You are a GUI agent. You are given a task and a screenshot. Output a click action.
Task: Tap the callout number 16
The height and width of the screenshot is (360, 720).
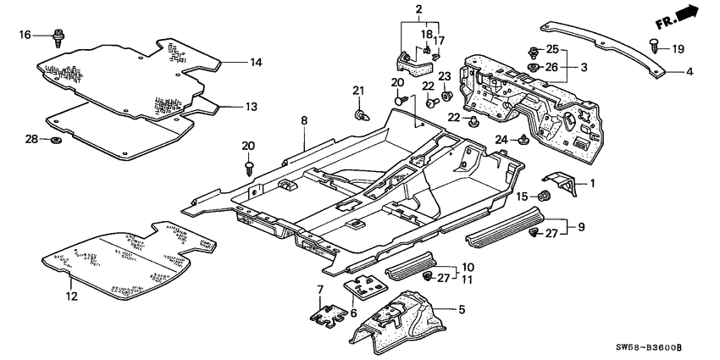click(25, 35)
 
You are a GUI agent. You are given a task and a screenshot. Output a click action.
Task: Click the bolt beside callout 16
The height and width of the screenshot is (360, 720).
click(58, 36)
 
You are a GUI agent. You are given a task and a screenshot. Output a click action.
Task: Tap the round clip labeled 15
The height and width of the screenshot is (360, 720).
click(547, 197)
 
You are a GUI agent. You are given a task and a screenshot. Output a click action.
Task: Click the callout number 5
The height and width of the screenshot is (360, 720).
click(461, 310)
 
